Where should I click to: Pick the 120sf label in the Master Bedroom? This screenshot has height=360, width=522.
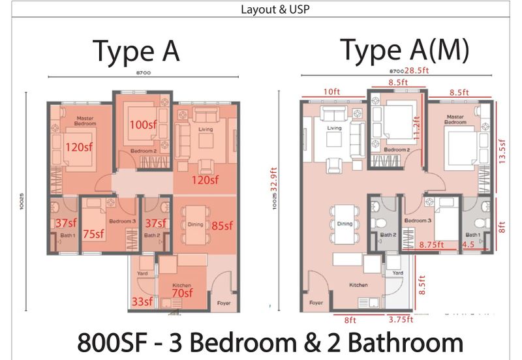click(78, 147)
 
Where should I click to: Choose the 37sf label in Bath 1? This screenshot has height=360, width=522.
click(65, 223)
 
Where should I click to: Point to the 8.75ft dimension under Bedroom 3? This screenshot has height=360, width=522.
click(432, 245)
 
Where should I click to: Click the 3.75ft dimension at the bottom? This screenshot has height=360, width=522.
click(401, 320)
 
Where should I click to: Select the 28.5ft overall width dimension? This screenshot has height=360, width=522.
click(416, 70)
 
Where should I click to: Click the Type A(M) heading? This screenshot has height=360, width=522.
click(404, 50)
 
